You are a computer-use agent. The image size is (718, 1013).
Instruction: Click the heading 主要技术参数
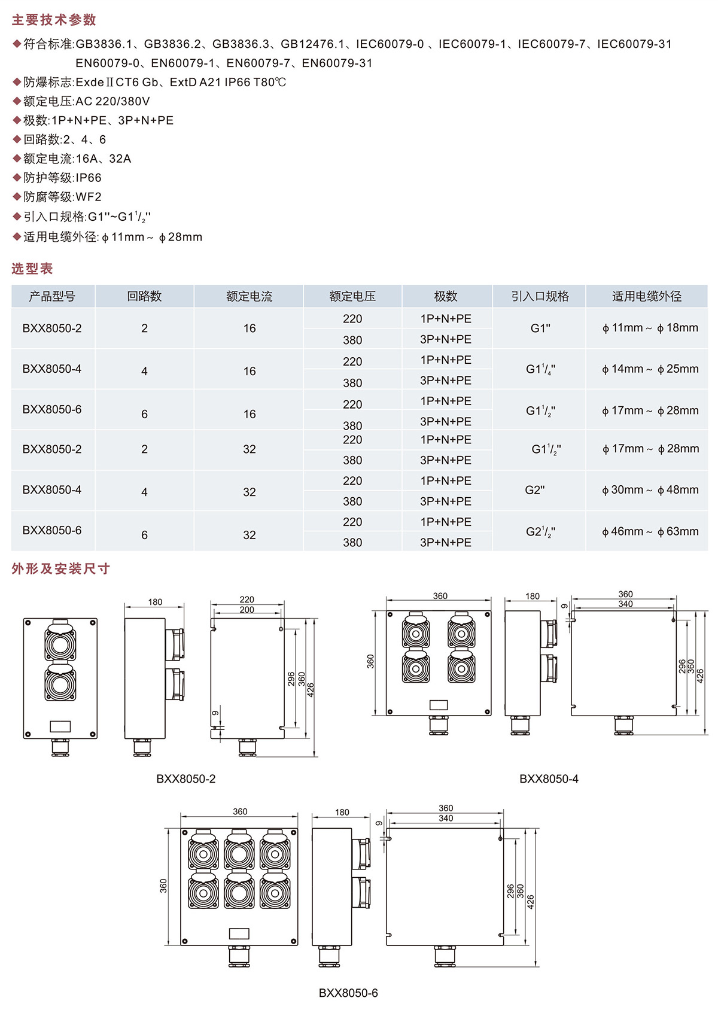54,20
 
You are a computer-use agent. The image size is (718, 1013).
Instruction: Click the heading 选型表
32,269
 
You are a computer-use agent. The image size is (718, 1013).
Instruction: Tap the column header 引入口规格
540,296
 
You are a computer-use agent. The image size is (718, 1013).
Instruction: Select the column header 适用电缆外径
647,296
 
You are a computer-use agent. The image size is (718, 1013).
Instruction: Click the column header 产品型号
52,296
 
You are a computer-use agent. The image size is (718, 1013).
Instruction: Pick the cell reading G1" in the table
540,328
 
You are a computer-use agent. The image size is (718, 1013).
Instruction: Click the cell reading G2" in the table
535,490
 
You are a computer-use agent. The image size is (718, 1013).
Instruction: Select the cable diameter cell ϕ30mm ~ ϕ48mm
650,490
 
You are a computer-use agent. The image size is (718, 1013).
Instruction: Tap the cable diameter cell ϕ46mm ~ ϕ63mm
650,531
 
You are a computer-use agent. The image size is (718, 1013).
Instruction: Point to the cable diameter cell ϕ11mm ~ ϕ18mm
650,328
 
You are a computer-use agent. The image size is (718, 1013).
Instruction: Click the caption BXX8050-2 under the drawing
186,778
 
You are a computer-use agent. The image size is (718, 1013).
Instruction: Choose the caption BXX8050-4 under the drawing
549,778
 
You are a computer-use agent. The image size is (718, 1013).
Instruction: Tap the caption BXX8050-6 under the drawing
348,993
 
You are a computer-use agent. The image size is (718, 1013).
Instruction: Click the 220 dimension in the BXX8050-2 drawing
247,600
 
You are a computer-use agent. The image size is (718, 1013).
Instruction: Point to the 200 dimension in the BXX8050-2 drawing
247,610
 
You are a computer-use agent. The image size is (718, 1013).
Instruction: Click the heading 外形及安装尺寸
60,568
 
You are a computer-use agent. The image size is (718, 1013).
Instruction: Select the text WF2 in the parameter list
89,197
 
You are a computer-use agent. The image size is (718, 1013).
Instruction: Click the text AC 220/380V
112,101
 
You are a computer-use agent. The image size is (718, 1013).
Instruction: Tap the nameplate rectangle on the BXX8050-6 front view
239,933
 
